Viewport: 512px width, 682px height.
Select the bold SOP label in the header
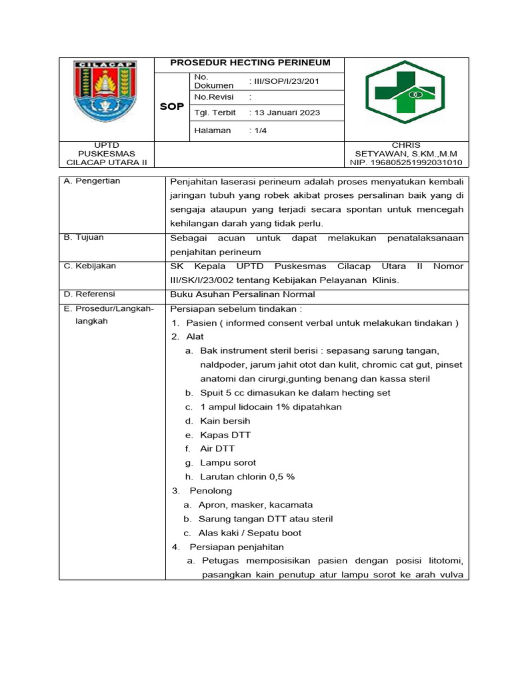[171, 107]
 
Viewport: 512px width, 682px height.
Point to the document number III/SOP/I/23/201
[284, 81]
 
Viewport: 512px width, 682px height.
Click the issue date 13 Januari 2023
[284, 113]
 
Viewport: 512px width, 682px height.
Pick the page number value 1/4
[257, 131]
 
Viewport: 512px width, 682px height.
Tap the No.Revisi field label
[211, 97]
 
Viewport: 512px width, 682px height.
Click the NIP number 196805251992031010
[405, 163]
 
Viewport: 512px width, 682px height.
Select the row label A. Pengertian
[92, 181]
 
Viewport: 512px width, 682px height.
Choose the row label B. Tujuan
[84, 237]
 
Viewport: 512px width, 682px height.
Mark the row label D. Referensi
[89, 294]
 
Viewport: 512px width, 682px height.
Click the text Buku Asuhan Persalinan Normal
[243, 294]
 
